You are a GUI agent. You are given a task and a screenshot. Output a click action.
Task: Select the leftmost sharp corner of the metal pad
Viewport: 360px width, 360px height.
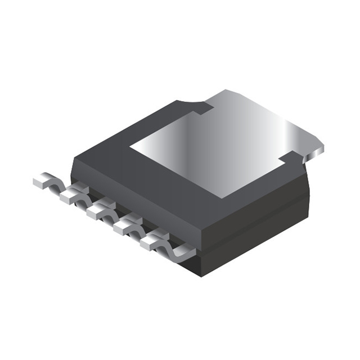130,148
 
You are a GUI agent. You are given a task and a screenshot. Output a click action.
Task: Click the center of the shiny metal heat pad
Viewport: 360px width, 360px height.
225,146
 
